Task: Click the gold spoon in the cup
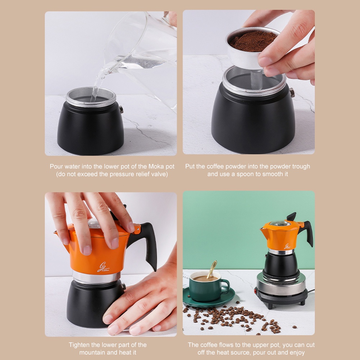[x=212, y=269]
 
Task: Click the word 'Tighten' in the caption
[x=79, y=345]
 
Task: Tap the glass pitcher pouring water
[x=144, y=50]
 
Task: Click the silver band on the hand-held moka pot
[x=96, y=277]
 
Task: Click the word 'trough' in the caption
[x=300, y=167]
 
